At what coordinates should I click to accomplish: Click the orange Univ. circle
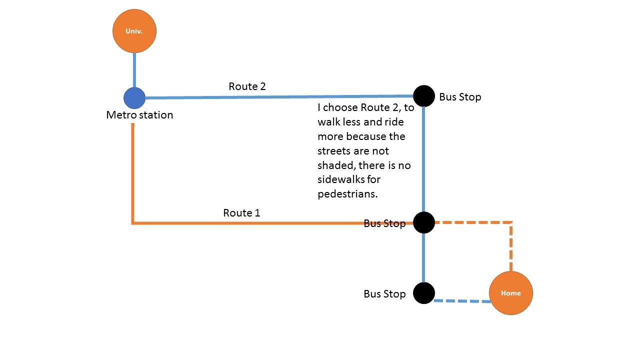134,31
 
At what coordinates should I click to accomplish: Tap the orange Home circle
511,293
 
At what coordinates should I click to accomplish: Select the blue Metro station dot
134,98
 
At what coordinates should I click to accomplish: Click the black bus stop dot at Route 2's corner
424,96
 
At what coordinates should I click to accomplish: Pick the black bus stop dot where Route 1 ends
424,222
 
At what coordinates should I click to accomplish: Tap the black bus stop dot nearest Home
424,293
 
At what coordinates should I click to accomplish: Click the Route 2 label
247,86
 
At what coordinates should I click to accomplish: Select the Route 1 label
241,213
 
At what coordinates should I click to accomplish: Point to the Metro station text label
139,115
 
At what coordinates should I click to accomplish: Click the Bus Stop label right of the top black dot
460,97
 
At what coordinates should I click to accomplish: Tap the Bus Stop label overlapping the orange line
384,223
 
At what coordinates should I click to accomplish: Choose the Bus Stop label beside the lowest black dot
384,294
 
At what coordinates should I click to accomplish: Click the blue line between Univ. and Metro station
134,70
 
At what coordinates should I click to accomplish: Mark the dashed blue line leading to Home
462,301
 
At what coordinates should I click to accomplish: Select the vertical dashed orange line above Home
511,246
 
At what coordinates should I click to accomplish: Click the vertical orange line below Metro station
132,173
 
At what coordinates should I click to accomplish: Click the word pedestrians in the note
347,194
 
